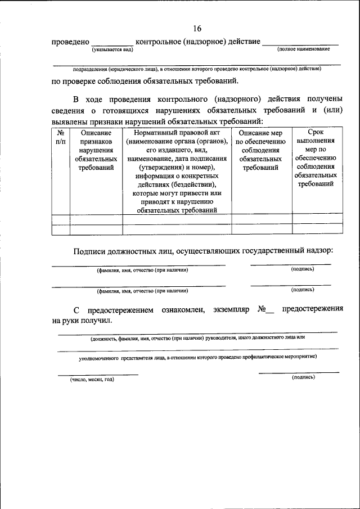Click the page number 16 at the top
[x=196, y=28]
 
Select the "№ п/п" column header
[x=60, y=137]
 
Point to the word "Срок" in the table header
[x=317, y=132]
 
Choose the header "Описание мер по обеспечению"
[x=261, y=137]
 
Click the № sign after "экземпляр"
[x=262, y=310]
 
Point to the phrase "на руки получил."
[x=82, y=321]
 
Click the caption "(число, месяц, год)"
[x=92, y=379]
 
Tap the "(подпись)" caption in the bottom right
[x=303, y=377]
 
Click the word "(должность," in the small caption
[x=105, y=338]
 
